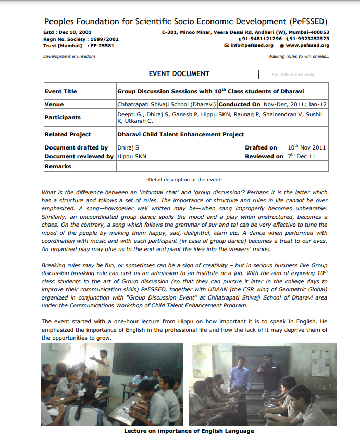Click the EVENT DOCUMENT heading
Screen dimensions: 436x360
(179, 73)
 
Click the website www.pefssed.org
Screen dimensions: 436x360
(307, 45)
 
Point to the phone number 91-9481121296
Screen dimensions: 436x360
(262, 39)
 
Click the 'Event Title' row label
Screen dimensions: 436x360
(61, 91)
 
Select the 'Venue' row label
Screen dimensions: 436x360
(54, 104)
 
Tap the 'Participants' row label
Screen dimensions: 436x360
(63, 117)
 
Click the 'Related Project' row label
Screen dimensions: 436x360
(68, 134)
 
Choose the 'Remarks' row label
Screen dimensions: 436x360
(58, 166)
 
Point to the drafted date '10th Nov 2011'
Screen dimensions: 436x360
(307, 147)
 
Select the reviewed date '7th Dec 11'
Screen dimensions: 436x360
(302, 156)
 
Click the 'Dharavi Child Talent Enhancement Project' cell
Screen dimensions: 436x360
(180, 134)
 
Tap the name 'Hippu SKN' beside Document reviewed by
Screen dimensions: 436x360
(132, 156)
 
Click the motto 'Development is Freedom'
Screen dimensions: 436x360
(69, 56)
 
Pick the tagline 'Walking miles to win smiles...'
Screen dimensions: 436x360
(299, 56)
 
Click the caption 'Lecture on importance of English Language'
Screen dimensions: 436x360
(189, 431)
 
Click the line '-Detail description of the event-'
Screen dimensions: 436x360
(184, 179)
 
